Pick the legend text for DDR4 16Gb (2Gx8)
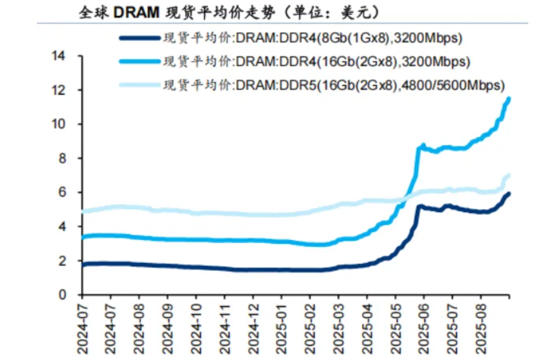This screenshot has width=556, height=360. [317, 62]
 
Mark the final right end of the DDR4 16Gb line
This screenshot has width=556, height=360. [509, 99]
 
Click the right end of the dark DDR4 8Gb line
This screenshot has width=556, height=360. [509, 194]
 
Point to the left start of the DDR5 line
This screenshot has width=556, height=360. [83, 212]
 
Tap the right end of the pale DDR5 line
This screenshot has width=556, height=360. [509, 175]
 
